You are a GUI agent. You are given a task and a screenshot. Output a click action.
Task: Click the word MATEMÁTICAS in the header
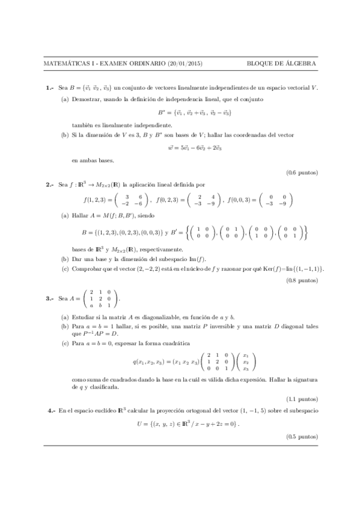click(67, 63)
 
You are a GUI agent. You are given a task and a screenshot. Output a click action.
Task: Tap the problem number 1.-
click(50, 88)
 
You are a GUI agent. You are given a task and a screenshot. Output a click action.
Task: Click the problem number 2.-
click(50, 185)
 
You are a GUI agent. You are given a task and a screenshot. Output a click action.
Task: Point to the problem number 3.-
click(50, 298)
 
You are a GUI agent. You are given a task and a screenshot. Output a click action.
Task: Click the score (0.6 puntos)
click(302, 173)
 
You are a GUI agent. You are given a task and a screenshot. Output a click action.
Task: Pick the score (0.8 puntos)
click(302, 280)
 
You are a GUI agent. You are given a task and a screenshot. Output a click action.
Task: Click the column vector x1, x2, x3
click(245, 361)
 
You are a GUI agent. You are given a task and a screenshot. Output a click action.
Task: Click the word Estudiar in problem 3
click(83, 316)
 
